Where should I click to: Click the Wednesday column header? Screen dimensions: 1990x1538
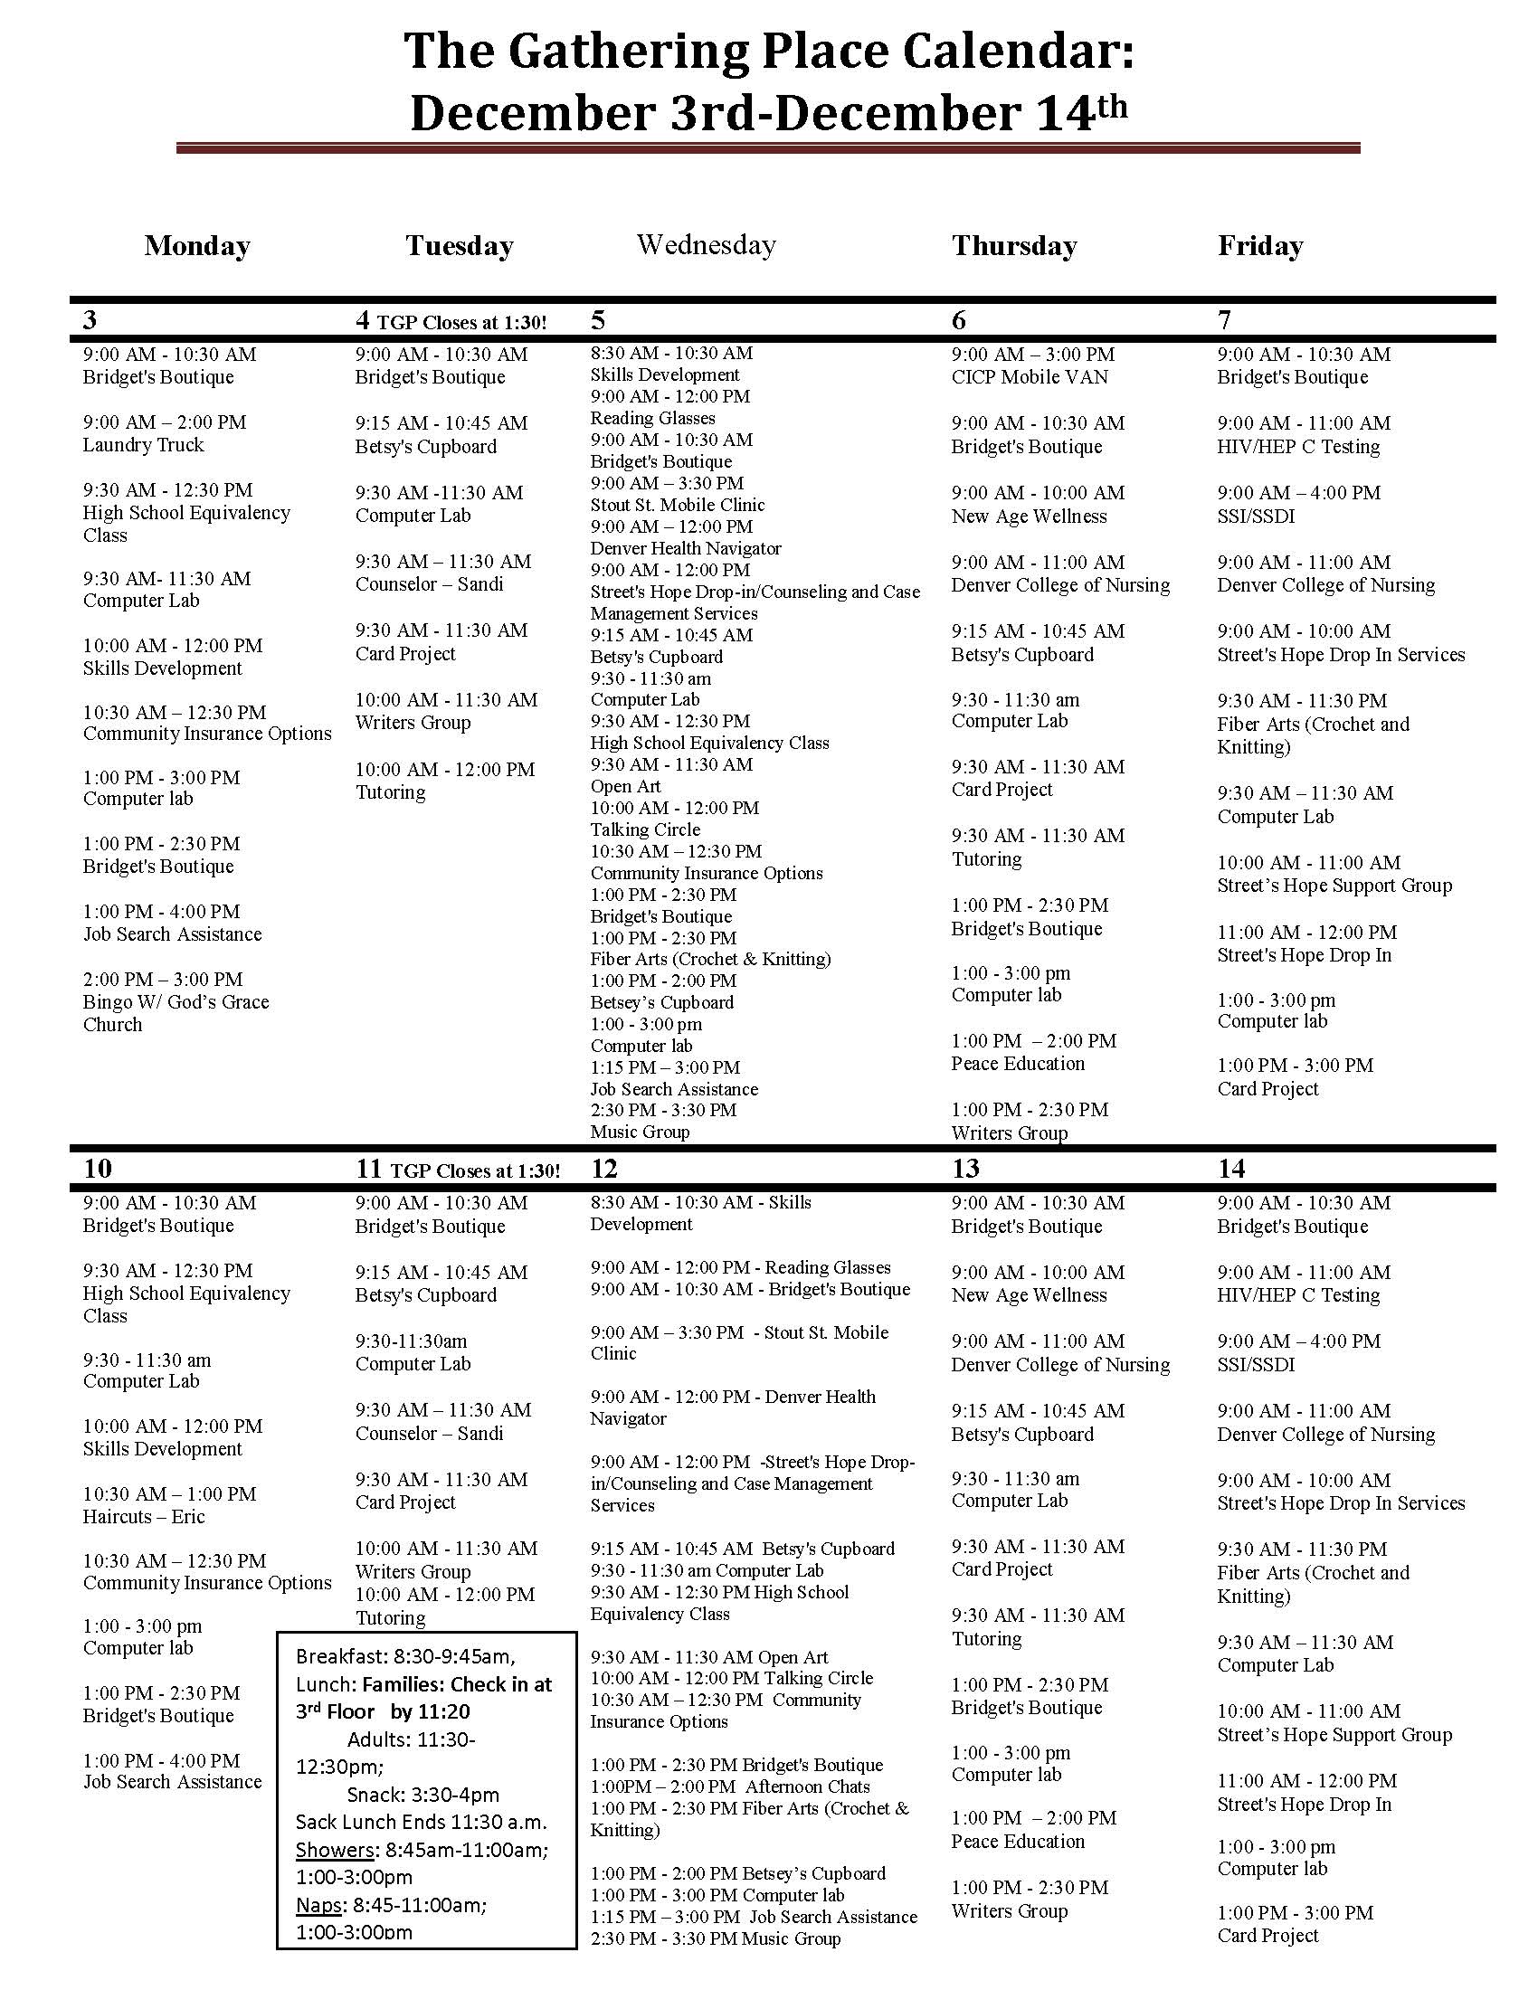click(x=707, y=244)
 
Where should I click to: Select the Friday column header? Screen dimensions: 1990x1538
click(x=1260, y=246)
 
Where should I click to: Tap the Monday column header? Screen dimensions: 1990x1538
click(x=197, y=246)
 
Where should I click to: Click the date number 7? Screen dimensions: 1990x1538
click(x=1225, y=320)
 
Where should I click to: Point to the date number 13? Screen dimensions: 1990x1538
click(x=966, y=1168)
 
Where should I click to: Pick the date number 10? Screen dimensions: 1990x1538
click(x=98, y=1168)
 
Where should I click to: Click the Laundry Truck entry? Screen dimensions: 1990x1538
click(x=144, y=445)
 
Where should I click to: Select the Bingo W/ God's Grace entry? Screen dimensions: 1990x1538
click(x=176, y=1002)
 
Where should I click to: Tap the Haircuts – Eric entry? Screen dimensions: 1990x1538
click(x=144, y=1516)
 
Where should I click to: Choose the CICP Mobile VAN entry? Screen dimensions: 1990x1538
click(x=1030, y=377)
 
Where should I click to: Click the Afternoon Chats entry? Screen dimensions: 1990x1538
click(x=807, y=1786)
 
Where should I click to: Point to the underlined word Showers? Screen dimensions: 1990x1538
click(x=335, y=1851)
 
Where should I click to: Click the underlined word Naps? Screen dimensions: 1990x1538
click(x=318, y=1905)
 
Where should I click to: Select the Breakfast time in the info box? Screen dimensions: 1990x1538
click(x=404, y=1656)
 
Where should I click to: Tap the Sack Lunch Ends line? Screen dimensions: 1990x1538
click(x=421, y=1823)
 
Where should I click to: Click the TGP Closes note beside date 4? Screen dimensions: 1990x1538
click(x=462, y=323)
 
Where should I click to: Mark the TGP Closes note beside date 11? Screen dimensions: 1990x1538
click(x=475, y=1170)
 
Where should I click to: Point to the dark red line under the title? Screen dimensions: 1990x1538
click(x=767, y=147)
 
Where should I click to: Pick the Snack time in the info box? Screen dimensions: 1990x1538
click(x=422, y=1795)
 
